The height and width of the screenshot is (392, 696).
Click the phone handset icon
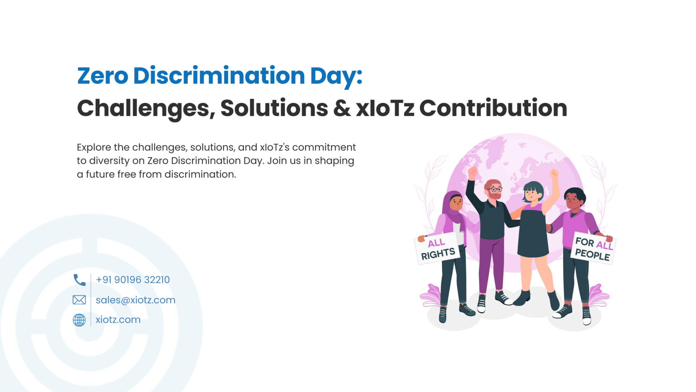pos(80,280)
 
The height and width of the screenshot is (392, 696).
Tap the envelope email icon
pos(79,300)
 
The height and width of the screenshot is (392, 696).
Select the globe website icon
pos(79,320)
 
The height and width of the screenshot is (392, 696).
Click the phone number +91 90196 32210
pos(133,280)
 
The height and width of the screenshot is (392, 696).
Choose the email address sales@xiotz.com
pos(136,300)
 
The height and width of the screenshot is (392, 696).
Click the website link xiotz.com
pos(118,320)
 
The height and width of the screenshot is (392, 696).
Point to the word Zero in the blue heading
pos(103,75)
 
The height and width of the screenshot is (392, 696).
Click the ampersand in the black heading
pos(342,108)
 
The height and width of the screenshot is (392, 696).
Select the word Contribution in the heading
pos(493,108)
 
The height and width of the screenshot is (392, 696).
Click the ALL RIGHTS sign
pos(438,249)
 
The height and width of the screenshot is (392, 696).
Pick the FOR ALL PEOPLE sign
pos(593,249)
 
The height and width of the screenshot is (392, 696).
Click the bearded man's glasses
pos(494,189)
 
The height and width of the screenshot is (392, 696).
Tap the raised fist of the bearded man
pos(472,172)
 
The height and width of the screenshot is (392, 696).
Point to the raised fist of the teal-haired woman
pos(554,173)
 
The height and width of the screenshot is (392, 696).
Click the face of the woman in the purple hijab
pos(456,203)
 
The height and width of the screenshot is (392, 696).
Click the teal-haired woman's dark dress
pos(533,232)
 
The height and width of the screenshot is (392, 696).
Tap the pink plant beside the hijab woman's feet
pos(431,296)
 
